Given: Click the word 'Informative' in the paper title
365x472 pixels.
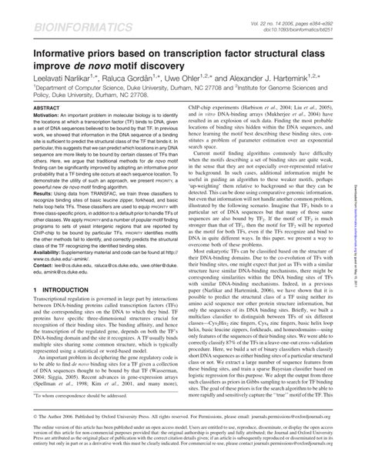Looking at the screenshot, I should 52,52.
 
